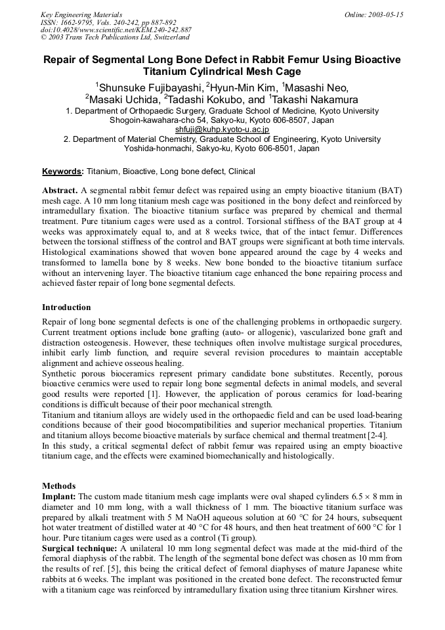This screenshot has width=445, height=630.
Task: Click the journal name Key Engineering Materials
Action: tap(81, 14)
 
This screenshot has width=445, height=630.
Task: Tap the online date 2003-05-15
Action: tap(383, 14)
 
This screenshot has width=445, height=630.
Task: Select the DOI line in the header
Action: tap(116, 30)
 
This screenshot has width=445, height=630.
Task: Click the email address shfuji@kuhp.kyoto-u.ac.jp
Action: tap(222, 130)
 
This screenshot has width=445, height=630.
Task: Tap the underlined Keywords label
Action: tap(63, 171)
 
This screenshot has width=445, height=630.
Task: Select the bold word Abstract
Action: tap(60, 191)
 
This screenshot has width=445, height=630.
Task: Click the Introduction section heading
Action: tap(66, 307)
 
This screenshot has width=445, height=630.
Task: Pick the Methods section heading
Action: tap(58, 486)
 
